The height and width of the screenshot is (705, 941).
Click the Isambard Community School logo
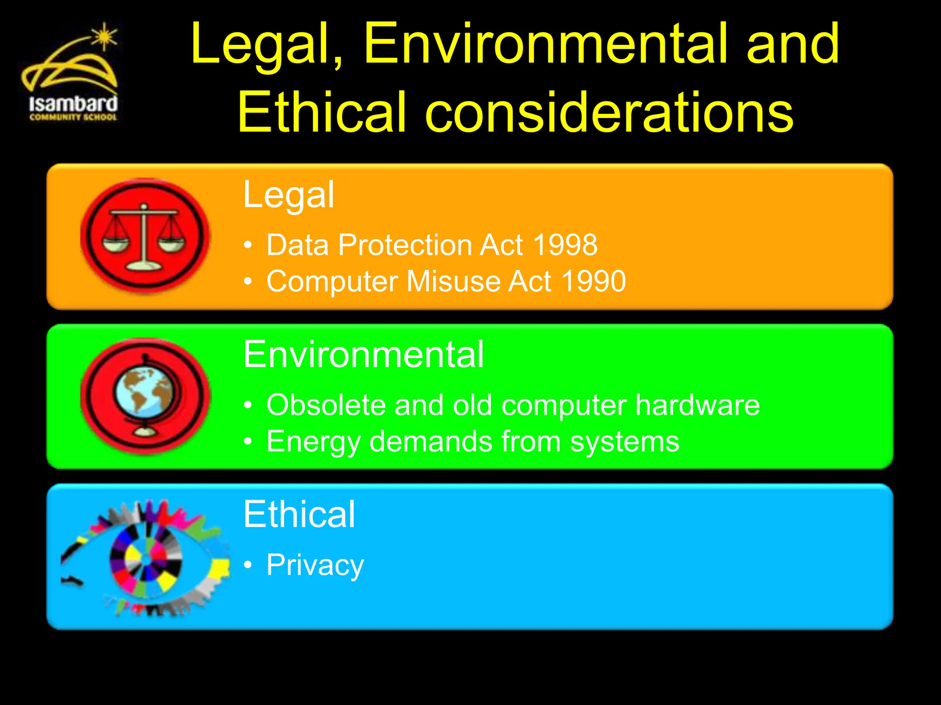[71, 78]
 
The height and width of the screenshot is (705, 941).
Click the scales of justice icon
[144, 236]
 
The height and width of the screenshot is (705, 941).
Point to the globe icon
[144, 396]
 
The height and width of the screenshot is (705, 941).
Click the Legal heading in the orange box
[289, 195]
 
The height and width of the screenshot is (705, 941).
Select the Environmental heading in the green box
[363, 355]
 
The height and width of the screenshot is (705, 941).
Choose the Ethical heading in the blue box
[299, 515]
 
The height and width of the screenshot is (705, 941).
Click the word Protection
[404, 245]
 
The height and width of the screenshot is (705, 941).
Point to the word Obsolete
[326, 405]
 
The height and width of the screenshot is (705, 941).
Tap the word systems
[624, 442]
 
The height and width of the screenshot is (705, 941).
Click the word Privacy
[315, 565]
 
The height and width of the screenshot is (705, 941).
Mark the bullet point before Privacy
[248, 565]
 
